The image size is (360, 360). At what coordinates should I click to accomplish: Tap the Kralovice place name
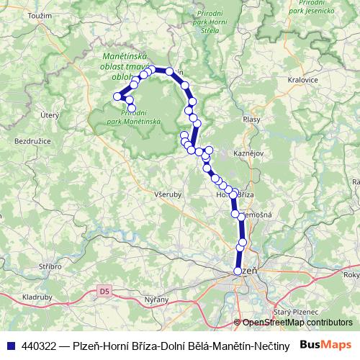click(302, 81)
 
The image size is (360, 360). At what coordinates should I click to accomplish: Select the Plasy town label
click(251, 120)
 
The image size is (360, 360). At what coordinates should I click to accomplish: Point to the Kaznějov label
click(249, 154)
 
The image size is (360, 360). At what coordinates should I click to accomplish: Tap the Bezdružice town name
click(33, 141)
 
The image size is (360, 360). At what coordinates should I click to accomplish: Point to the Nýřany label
click(156, 300)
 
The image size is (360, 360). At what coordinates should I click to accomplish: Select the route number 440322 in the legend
click(41, 345)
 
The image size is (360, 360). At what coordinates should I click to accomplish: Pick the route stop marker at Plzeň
click(238, 271)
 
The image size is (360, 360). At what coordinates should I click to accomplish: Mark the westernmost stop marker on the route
click(117, 96)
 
